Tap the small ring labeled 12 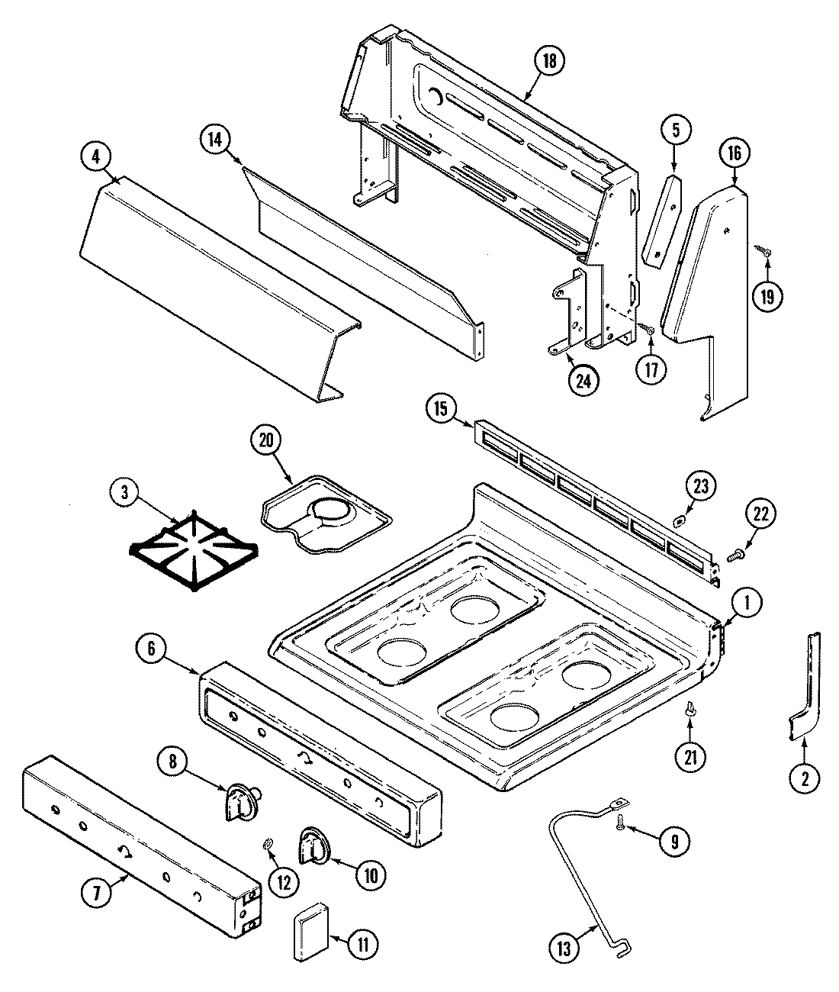point(268,844)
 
